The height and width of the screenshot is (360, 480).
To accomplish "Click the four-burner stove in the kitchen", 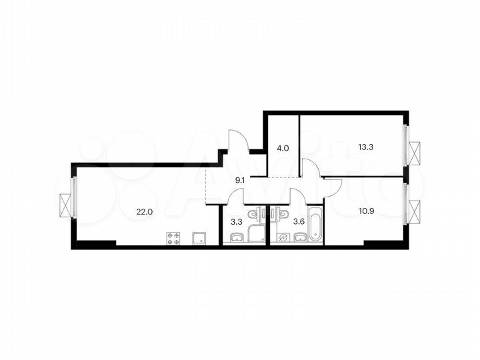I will tap(173, 238).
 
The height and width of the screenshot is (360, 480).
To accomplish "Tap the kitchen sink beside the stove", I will tap(198, 238).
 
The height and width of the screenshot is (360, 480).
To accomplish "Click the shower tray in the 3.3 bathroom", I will tap(255, 235).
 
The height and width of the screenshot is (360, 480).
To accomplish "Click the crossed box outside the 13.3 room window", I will tap(416, 153).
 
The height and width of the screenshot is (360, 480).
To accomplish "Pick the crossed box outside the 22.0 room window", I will tap(65, 205).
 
